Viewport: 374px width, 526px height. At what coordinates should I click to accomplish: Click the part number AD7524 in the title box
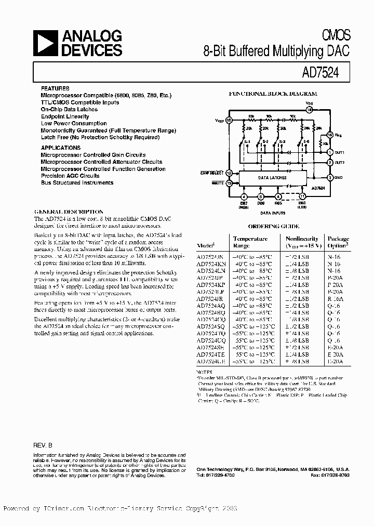tap(319, 73)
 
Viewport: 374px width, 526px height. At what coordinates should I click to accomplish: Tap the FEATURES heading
tap(55, 88)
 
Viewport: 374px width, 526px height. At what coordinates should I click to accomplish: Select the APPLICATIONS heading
tap(61, 148)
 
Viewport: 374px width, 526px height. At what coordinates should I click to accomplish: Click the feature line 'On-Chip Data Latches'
tap(69, 110)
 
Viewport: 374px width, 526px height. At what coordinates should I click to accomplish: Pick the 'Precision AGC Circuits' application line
tap(70, 176)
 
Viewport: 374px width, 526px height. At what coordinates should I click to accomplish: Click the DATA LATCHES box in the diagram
tap(272, 178)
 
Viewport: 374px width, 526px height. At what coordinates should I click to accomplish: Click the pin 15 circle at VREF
tap(229, 120)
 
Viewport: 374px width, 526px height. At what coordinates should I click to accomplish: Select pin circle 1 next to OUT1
tap(329, 152)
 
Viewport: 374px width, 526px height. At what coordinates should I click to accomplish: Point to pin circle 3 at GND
tap(329, 178)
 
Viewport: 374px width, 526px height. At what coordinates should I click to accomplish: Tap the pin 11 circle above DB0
tap(302, 196)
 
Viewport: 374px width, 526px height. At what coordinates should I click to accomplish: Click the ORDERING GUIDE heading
tap(273, 227)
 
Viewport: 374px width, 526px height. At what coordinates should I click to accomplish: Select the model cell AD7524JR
tap(210, 300)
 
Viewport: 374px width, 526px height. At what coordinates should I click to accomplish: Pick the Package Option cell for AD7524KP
tap(331, 285)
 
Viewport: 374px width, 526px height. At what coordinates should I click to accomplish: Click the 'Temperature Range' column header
tap(250, 242)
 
